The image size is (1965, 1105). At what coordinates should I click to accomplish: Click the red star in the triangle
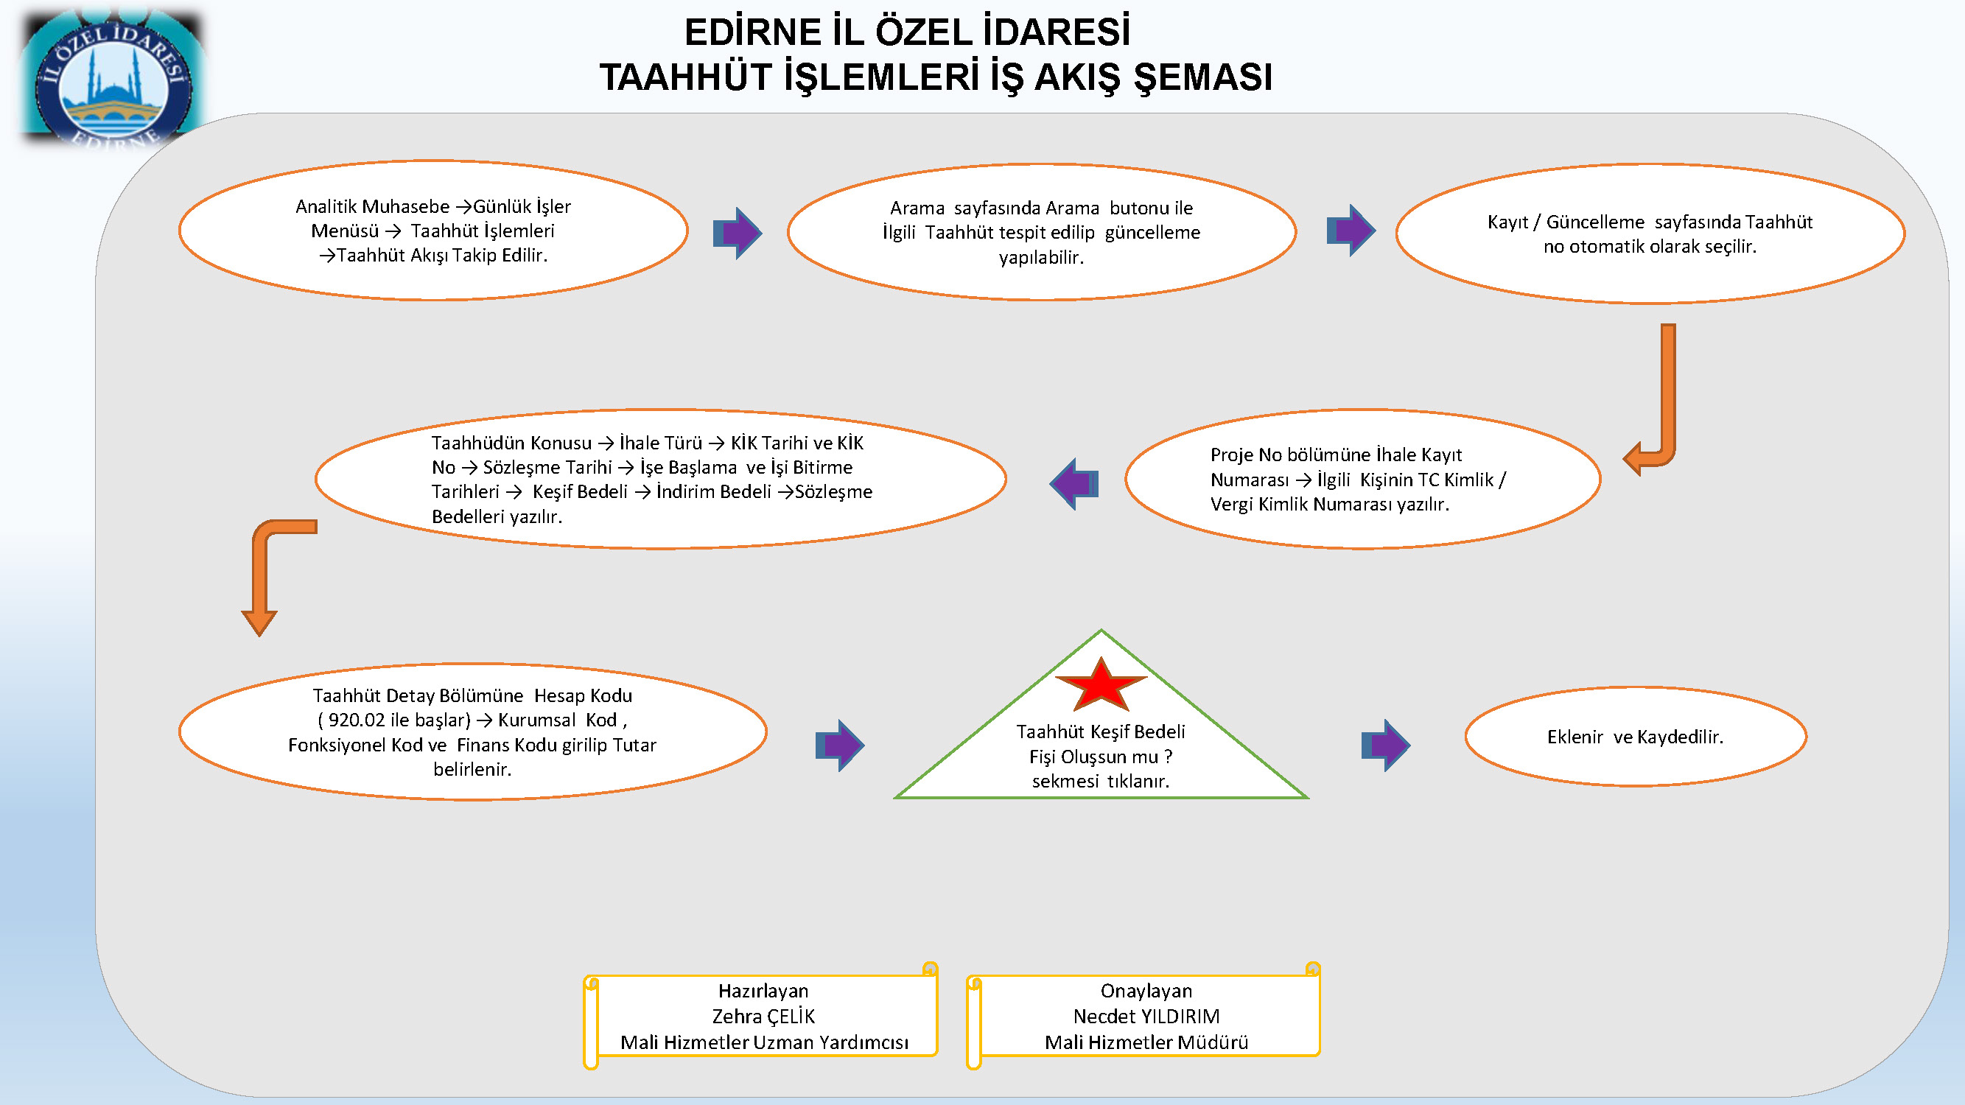tap(1101, 686)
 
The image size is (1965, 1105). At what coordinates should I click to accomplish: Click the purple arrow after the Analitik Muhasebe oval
tap(738, 233)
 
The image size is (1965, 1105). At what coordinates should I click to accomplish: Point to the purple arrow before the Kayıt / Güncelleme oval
tap(1351, 231)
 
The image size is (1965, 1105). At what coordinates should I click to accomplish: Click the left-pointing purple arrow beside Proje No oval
tap(1074, 483)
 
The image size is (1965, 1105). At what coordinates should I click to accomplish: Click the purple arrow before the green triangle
tap(840, 745)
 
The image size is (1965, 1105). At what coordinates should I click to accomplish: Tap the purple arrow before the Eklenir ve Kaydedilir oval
tap(1386, 745)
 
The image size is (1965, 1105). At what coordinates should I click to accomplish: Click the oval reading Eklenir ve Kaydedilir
tap(1636, 737)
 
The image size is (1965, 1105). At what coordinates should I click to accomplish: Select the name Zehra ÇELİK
tap(763, 1017)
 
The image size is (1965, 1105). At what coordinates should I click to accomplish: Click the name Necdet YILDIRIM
tap(1146, 1017)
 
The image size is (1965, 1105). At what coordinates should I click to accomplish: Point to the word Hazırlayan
tap(763, 992)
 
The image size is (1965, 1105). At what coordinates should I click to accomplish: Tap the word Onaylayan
tap(1146, 992)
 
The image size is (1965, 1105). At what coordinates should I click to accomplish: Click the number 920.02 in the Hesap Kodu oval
tap(357, 720)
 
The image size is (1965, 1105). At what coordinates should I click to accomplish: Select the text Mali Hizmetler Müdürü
tap(1146, 1042)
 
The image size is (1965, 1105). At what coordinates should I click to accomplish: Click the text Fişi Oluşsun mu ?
tap(1101, 757)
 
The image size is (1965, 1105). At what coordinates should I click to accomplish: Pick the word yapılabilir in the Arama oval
tap(1041, 258)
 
